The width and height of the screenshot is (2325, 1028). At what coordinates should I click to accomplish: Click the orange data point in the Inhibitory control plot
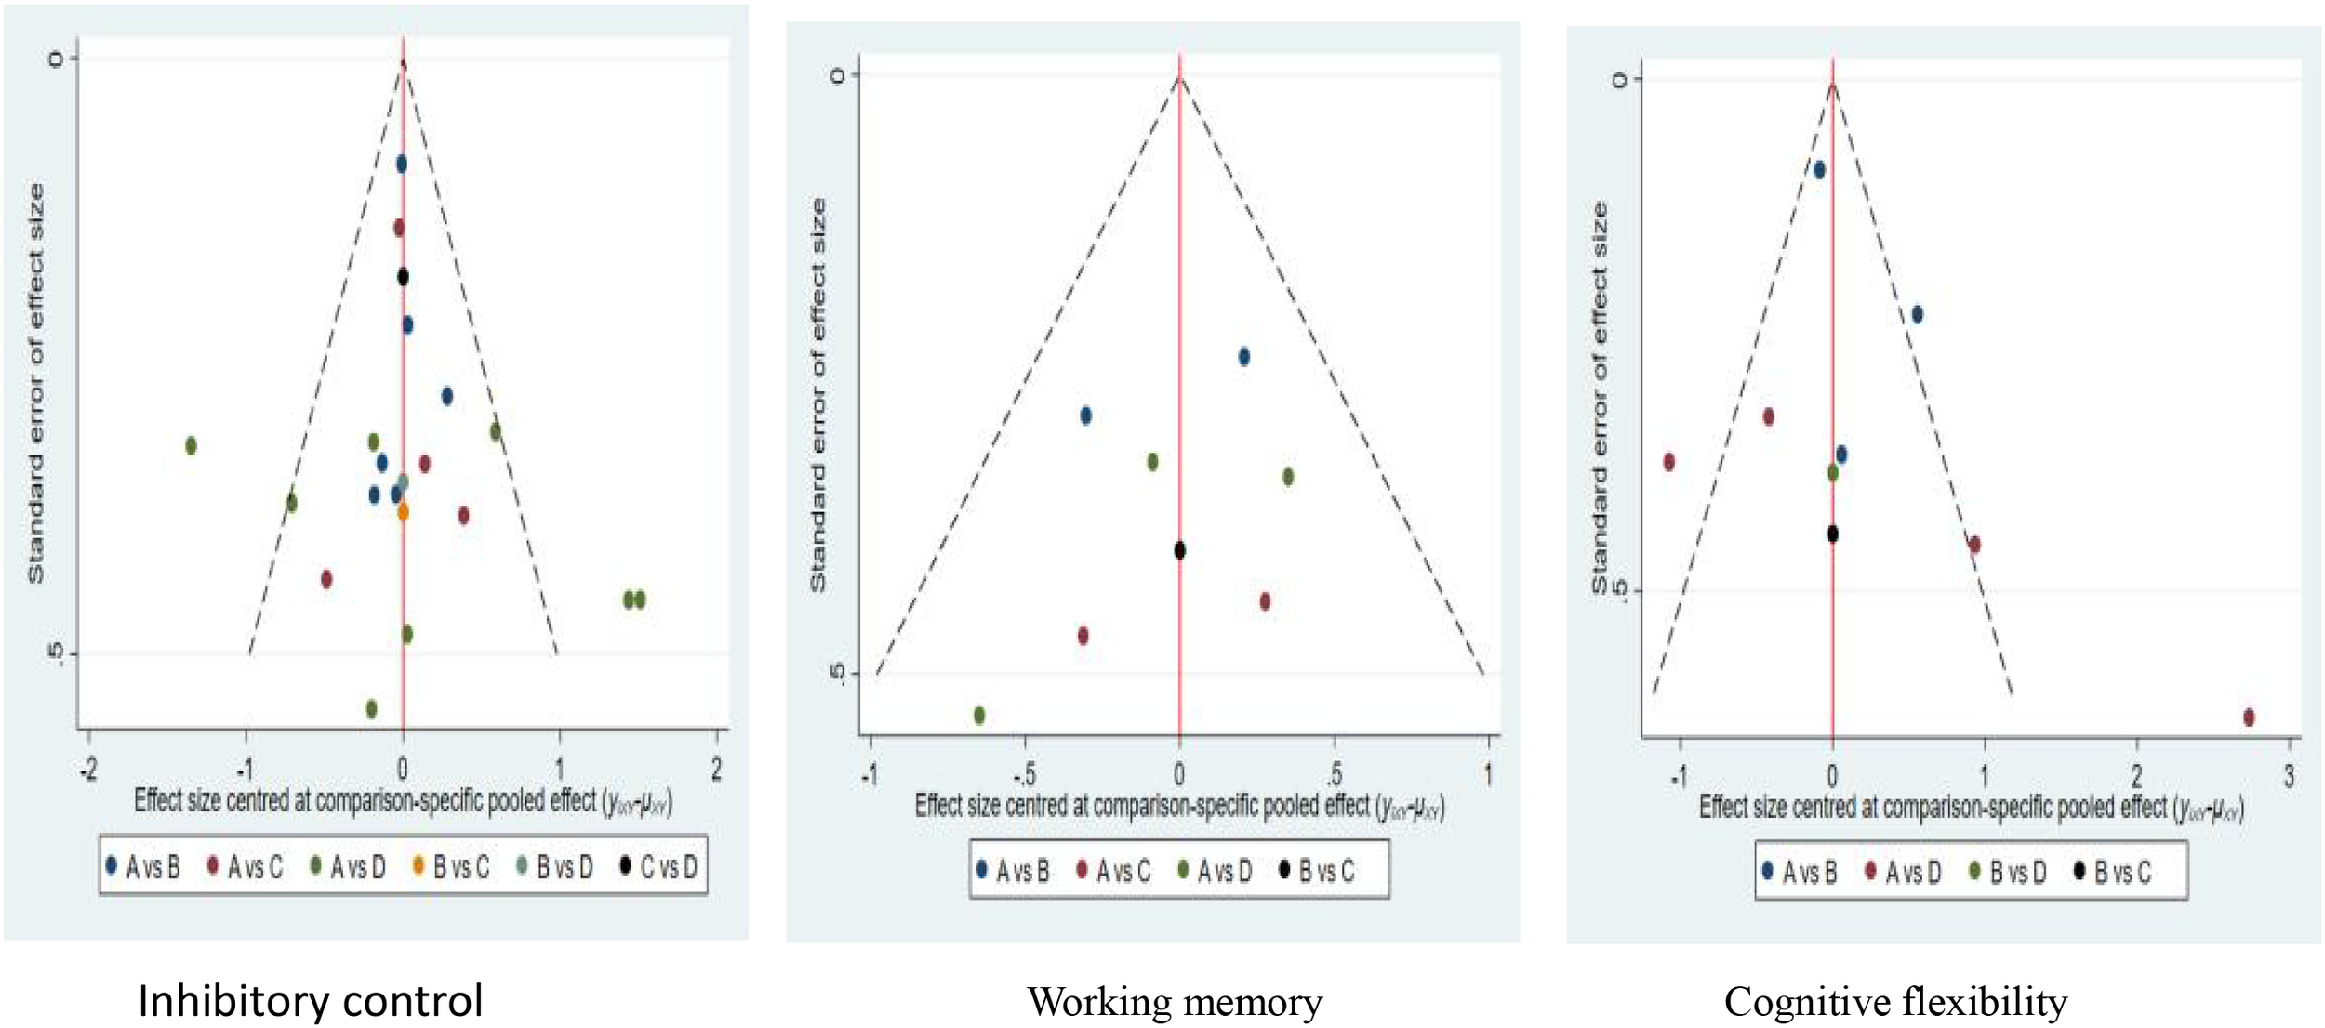point(403,511)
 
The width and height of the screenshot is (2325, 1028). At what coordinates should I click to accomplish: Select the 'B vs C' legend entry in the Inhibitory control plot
point(451,867)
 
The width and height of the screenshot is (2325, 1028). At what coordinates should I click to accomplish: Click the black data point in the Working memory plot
point(1179,550)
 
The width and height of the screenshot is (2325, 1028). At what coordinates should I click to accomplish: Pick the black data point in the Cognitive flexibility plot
point(1832,534)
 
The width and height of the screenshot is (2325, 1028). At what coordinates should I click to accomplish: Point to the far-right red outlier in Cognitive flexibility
point(2249,717)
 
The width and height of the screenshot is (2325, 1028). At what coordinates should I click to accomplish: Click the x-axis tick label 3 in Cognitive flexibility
point(2289,776)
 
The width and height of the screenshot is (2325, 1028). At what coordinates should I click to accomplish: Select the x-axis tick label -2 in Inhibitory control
point(88,770)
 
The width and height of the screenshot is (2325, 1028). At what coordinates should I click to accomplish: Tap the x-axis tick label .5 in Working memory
point(1334,774)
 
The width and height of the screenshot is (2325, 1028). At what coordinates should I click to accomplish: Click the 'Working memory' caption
point(1175,1002)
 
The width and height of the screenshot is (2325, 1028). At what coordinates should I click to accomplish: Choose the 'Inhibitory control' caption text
point(310,1001)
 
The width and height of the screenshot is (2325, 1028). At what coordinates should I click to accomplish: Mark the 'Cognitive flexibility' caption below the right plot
point(1895,1002)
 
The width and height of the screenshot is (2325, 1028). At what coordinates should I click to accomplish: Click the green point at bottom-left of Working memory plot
point(979,715)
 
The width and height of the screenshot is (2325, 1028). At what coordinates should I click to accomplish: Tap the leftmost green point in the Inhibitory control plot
point(191,445)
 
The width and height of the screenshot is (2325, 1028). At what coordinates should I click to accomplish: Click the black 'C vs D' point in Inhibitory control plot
point(403,276)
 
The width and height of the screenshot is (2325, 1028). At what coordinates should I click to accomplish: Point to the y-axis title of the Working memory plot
point(817,394)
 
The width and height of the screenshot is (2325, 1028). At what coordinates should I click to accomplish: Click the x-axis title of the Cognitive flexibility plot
point(1971,808)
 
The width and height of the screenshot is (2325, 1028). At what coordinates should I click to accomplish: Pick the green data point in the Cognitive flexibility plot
point(1832,472)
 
